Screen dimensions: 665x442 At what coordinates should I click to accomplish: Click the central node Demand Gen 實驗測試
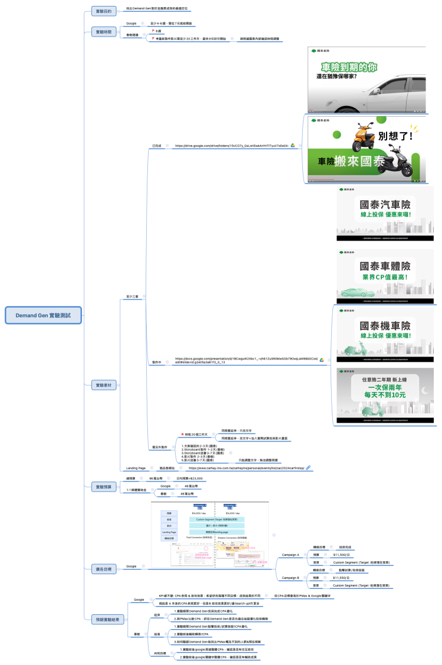tap(43, 315)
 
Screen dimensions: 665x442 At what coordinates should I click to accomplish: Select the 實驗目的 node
tap(103, 11)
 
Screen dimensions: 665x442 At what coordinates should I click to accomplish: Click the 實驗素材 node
tap(103, 385)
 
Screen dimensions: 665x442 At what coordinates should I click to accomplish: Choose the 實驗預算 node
tap(103, 486)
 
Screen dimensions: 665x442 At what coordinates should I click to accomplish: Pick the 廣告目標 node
tap(103, 568)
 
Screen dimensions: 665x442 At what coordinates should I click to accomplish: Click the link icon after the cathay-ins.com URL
tap(308, 468)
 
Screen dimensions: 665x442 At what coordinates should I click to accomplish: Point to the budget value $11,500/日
tap(342, 555)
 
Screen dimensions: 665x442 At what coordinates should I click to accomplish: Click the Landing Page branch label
tap(136, 468)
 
